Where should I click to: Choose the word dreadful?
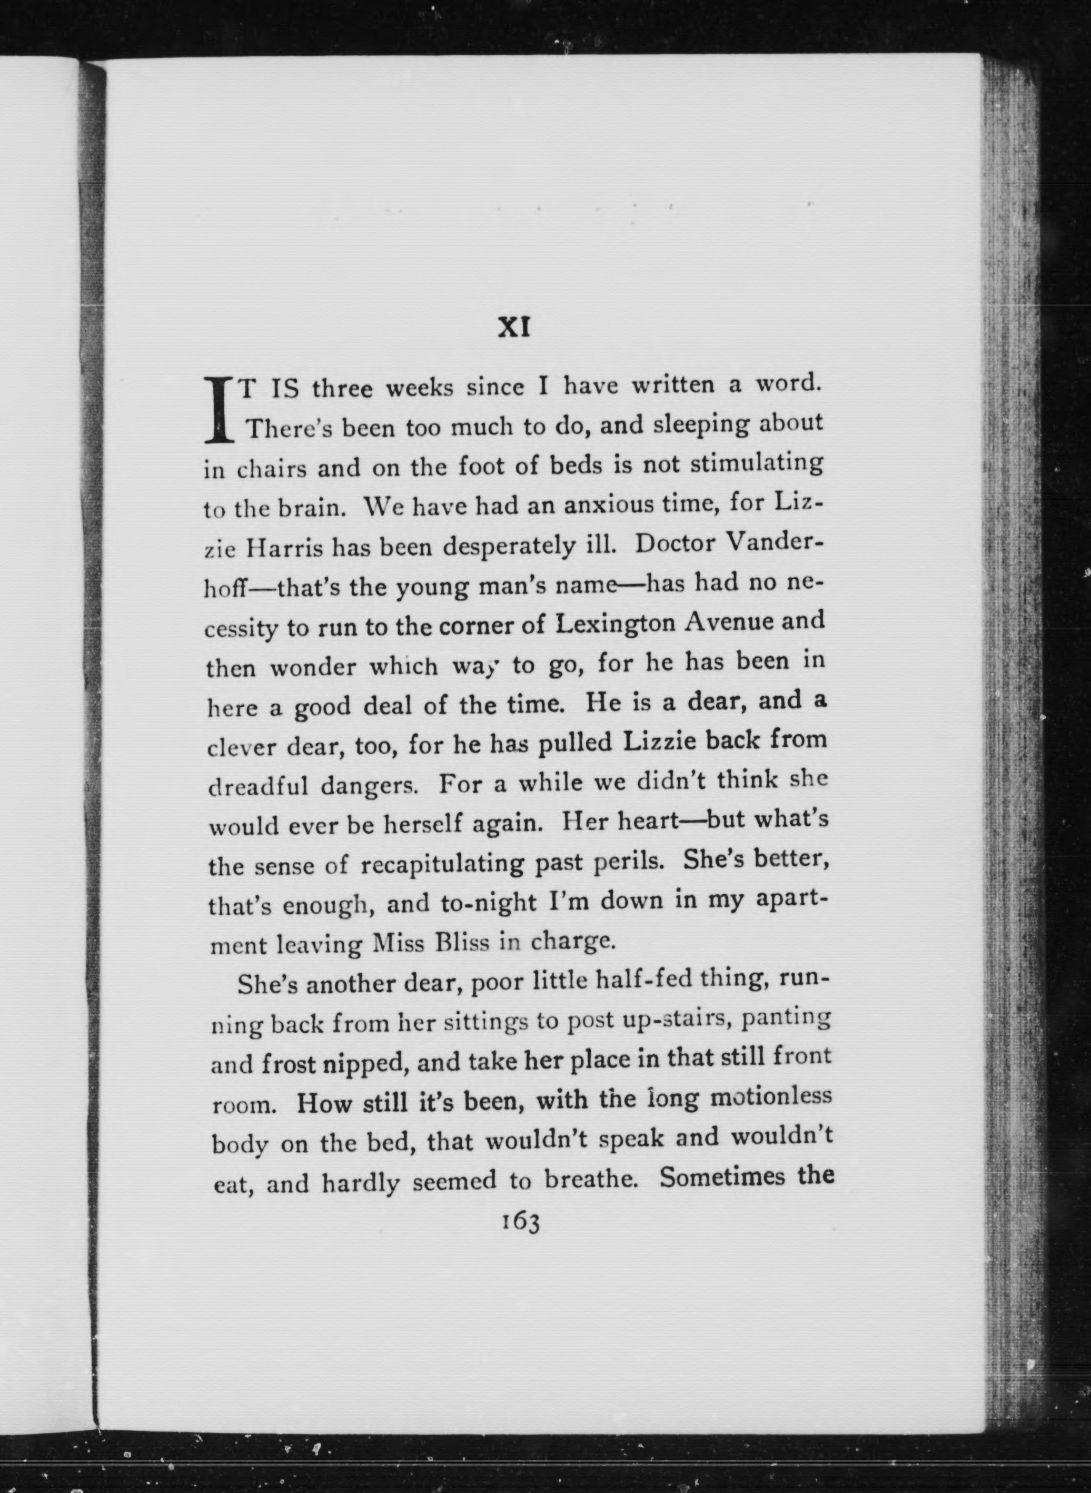[257, 786]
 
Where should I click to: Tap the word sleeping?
[701, 424]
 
